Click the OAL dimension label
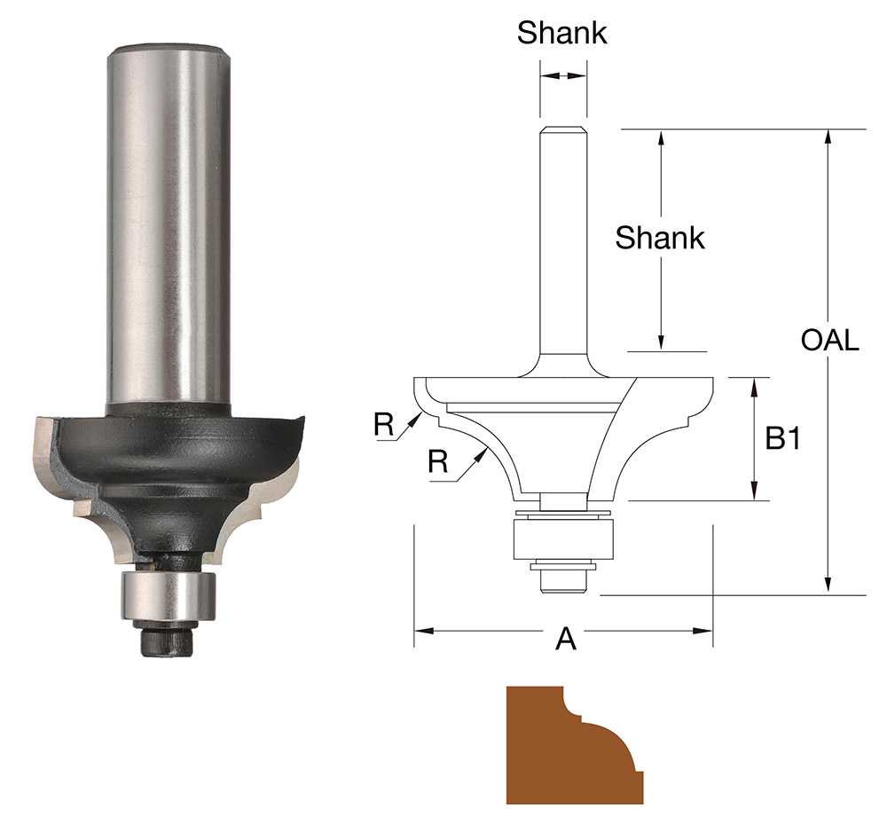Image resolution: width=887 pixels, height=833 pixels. click(830, 340)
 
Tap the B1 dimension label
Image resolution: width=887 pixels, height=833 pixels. click(783, 438)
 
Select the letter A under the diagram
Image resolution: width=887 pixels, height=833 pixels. click(566, 640)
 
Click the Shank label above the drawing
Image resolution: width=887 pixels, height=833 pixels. click(561, 33)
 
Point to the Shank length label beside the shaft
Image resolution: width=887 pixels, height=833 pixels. click(660, 238)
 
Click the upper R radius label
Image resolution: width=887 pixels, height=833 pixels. click(383, 424)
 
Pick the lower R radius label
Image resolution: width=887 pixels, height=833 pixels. click(438, 461)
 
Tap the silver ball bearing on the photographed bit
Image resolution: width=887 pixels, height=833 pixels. click(169, 596)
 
